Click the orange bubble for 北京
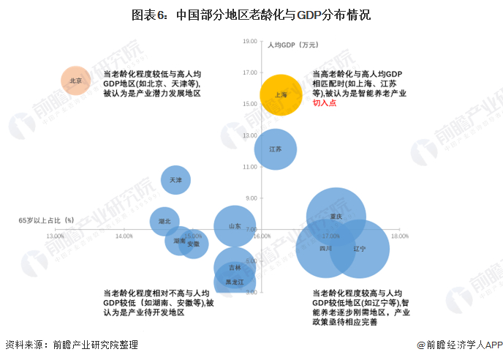pos(75,80)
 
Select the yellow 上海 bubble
pos(281,95)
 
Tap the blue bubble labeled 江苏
pos(275,149)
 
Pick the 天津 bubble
pos(175,179)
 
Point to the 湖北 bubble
pos(164,221)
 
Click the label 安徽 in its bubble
pos(194,244)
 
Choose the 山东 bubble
pos(235,227)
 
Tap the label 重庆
pos(336,217)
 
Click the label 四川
pos(325,249)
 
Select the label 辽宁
pos(359,249)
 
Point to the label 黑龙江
pos(234,282)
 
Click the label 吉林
pos(234,268)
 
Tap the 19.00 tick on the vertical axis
pos(250,42)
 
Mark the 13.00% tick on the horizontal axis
pos(55,236)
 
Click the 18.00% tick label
pos(399,236)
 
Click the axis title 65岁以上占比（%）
pos(47,220)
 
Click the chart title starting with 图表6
pos(251,14)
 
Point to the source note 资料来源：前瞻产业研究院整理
pos(72,345)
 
